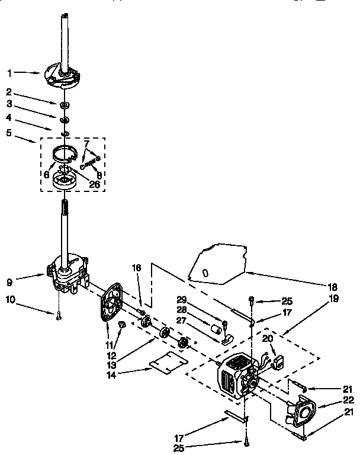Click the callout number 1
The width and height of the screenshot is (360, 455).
(9, 73)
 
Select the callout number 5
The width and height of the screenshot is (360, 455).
(9, 134)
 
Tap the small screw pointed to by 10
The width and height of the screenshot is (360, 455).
(59, 316)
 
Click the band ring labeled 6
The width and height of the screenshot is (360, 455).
(66, 156)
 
